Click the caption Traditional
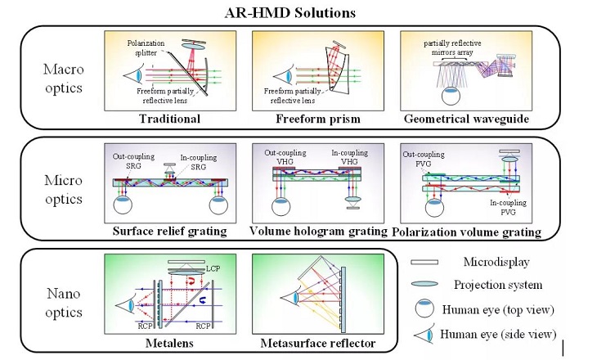[170, 119]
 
